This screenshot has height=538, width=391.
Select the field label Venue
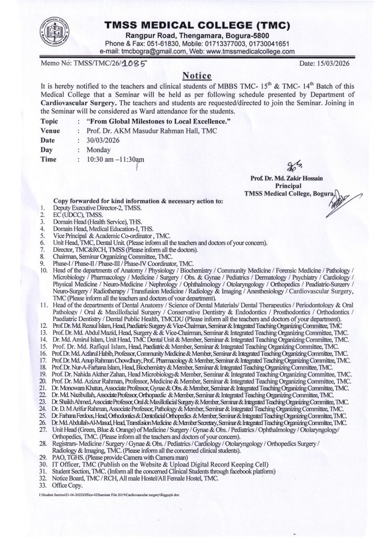tap(49, 131)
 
